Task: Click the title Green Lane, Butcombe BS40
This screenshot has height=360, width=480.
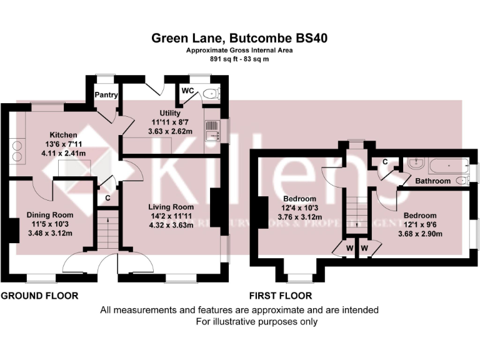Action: [x=241, y=38]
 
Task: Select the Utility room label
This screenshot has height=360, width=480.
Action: [x=152, y=112]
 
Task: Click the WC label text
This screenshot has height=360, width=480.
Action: [x=187, y=91]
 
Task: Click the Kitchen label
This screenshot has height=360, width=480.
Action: [x=63, y=134]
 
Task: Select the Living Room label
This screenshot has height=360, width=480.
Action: [x=171, y=207]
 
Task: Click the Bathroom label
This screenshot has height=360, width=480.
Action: [x=433, y=181]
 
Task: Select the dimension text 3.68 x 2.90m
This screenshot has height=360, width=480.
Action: [x=420, y=234]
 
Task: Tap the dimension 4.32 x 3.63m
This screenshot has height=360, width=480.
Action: [x=171, y=225]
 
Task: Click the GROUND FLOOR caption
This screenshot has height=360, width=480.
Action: [x=39, y=296]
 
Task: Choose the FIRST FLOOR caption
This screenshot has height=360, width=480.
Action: [x=281, y=296]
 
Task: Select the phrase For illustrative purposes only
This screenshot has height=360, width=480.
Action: [x=257, y=322]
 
